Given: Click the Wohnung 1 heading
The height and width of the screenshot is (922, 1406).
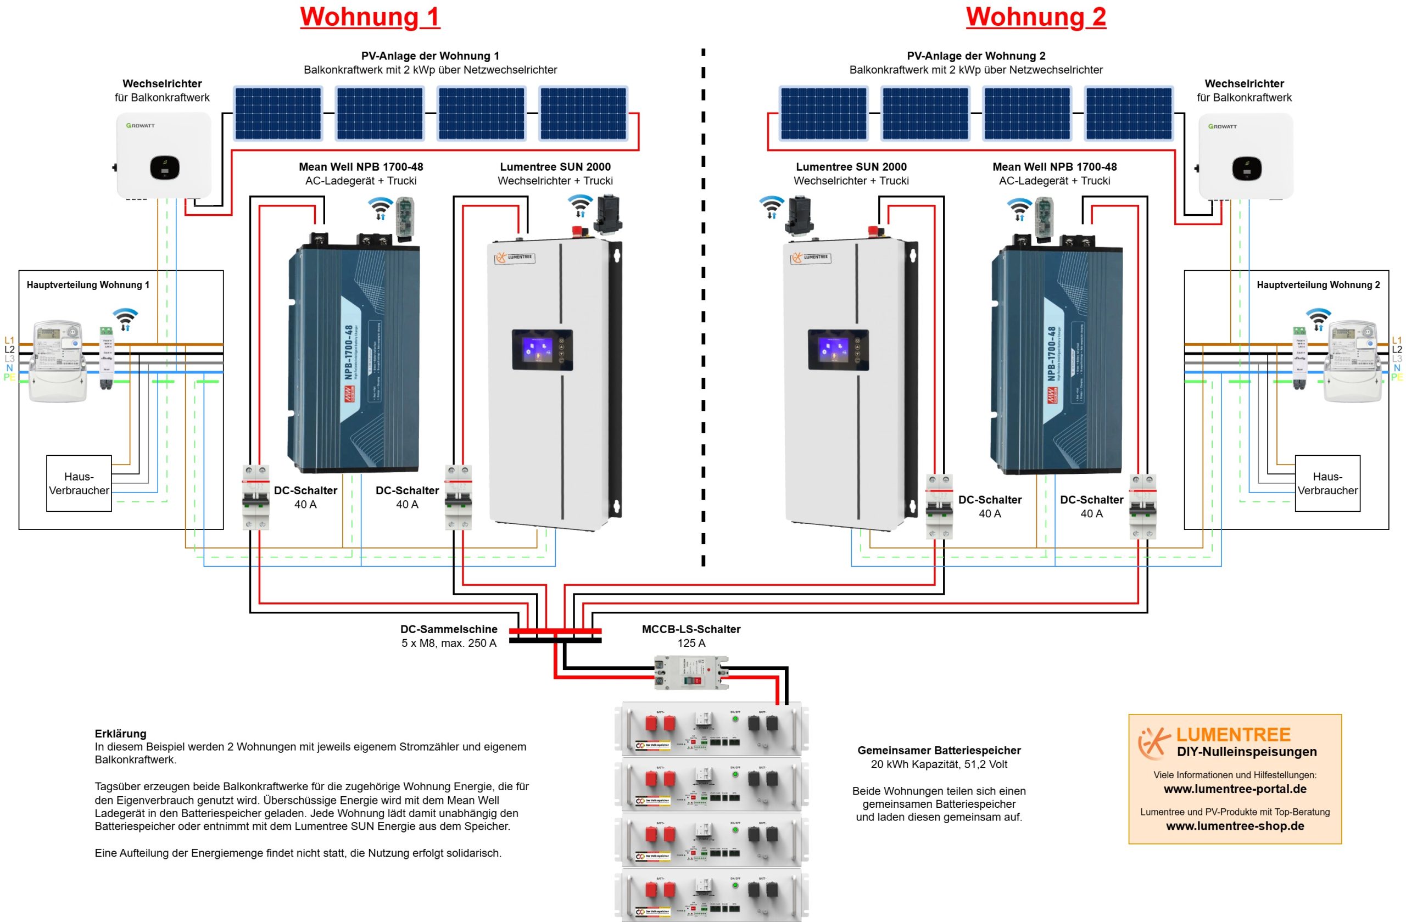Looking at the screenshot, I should tap(370, 16).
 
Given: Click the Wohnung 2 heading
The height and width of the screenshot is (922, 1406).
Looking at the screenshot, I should tap(1036, 16).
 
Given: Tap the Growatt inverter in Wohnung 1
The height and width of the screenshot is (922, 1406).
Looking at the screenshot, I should tap(164, 155).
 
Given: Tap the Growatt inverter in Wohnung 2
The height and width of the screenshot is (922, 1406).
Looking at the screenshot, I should tap(1245, 157).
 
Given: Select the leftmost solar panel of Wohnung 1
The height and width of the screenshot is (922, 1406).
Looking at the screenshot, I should tap(278, 114).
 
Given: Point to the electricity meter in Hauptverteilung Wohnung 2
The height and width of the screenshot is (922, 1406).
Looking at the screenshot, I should tap(1352, 360).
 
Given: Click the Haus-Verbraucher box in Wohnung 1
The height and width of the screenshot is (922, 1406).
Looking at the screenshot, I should tap(79, 483).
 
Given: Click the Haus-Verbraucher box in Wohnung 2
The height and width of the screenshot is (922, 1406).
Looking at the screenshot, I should tap(1327, 483).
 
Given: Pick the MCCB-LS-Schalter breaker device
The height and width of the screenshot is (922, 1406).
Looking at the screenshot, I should tap(691, 672).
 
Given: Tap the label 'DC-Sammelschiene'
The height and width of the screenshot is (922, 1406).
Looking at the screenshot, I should tap(448, 629).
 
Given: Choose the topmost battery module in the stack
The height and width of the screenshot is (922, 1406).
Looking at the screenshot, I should tap(711, 729).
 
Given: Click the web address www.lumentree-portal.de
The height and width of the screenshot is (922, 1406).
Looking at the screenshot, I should tap(1235, 789).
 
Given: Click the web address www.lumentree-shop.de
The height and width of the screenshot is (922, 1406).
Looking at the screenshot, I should tap(1235, 826).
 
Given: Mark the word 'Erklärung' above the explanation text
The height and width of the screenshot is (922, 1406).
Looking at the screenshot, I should tap(120, 734).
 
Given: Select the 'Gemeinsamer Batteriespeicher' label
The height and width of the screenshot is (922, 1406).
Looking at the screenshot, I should tap(939, 750).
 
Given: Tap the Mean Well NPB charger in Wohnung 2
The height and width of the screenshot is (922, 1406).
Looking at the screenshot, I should tap(1056, 360).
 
